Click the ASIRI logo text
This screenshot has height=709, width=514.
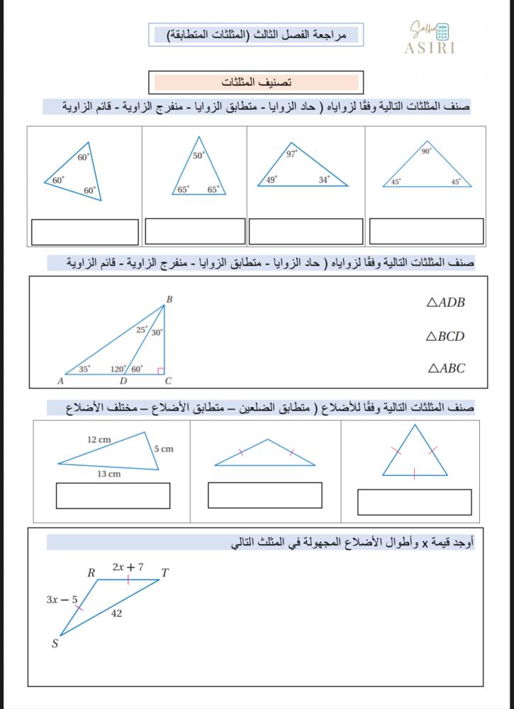430,49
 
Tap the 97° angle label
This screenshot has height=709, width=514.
291,153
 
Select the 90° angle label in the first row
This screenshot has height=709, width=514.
426,151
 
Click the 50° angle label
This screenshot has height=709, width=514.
199,155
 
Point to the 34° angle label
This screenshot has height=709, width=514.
323,180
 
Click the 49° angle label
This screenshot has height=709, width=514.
272,179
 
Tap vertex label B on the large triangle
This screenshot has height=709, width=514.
169,300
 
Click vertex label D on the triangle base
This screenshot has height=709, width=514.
123,381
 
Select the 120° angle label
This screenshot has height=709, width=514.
118,369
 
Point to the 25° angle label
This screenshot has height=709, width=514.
143,330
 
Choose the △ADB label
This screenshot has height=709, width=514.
446,303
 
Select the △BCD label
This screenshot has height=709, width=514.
445,336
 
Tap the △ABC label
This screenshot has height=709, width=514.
447,368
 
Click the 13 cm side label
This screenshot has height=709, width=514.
108,474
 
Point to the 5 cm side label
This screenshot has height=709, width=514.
163,449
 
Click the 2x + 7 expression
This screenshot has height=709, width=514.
128,567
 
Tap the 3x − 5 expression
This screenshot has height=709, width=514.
62,600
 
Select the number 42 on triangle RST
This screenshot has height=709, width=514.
116,613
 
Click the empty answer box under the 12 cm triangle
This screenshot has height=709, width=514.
113,496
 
